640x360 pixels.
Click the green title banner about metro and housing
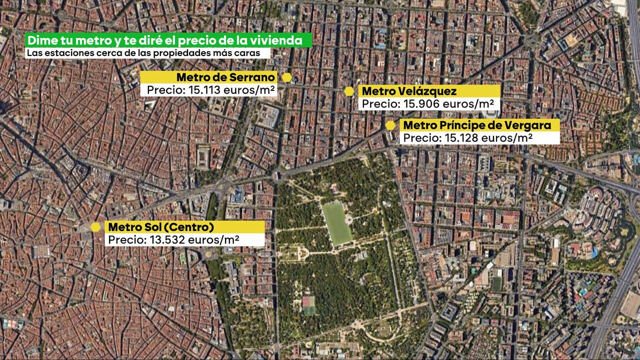point(168,40)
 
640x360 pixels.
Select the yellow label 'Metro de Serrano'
point(209,77)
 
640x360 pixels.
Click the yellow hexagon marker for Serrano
point(287,77)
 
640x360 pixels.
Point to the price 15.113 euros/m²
point(209,90)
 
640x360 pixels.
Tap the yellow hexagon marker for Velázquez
point(349,91)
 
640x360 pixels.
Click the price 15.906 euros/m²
point(429,104)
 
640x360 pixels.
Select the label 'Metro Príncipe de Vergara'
point(479,125)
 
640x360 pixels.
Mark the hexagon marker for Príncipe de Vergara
point(390,125)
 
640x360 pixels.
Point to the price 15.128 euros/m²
point(468,138)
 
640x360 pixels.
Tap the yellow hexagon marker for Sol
point(95,227)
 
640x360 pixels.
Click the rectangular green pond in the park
point(336,222)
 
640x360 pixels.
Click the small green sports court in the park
point(308,304)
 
